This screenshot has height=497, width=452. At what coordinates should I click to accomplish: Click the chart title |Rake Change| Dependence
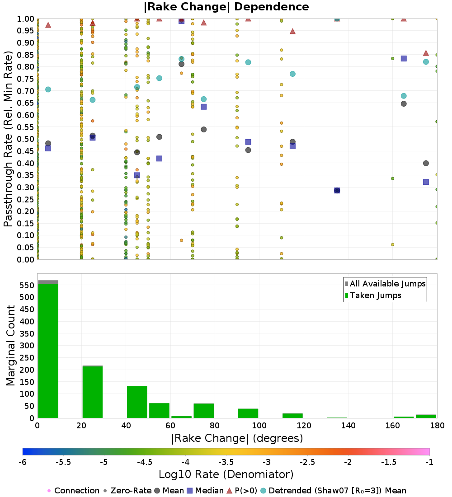[x=226, y=7]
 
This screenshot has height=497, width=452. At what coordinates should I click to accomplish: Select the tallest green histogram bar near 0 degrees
[x=48, y=351]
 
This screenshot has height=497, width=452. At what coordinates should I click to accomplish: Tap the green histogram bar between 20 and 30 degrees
[x=93, y=392]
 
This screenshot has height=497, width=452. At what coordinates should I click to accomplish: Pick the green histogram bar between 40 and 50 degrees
[x=137, y=402]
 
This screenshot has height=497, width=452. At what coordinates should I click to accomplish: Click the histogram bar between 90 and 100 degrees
[x=248, y=413]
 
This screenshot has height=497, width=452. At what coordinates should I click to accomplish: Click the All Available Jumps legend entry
[x=386, y=284]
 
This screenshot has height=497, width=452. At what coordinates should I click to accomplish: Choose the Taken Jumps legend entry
[x=373, y=295]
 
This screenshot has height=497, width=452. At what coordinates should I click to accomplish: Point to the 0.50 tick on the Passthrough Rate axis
[x=25, y=139]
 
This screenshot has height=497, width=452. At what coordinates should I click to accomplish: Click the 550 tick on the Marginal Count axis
[x=27, y=285]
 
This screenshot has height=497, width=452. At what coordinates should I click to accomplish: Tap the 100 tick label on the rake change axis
[x=259, y=425]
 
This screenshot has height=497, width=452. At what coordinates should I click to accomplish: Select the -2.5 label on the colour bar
[x=307, y=462]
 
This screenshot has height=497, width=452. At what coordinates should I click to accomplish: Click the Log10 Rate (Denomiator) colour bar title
[x=226, y=474]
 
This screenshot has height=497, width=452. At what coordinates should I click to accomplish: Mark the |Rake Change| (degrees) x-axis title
[x=237, y=438]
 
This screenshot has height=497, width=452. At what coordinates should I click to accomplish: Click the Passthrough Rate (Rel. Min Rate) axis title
[x=8, y=139]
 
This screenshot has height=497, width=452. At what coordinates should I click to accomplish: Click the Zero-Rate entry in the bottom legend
[x=127, y=491]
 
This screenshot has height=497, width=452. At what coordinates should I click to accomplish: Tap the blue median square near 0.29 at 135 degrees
[x=337, y=191]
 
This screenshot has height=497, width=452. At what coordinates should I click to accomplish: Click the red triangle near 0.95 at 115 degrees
[x=292, y=31]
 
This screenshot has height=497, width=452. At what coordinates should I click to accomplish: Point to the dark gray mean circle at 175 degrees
[x=426, y=163]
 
